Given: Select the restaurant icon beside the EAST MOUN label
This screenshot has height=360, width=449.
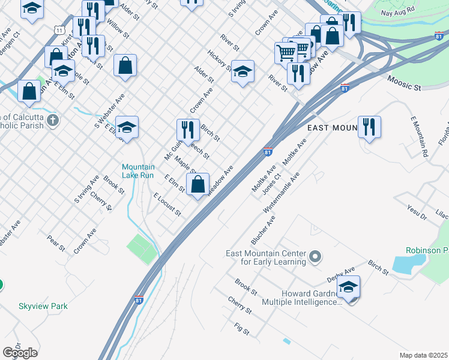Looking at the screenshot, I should [369, 127].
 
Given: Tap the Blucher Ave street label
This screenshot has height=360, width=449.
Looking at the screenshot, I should [264, 230].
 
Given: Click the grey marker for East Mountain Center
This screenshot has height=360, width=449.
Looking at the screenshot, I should [316, 258].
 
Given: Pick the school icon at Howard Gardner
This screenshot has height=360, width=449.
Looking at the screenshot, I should [348, 287].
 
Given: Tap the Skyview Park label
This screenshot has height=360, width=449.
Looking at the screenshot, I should [43, 306].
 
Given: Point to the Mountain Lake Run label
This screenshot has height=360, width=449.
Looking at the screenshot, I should [139, 171].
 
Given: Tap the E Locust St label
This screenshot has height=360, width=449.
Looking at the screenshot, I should [167, 205].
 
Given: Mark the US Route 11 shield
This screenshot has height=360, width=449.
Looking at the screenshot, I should [58, 30].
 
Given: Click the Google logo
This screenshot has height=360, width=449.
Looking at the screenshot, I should [20, 353].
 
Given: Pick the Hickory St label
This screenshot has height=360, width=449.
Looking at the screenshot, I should [221, 61].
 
